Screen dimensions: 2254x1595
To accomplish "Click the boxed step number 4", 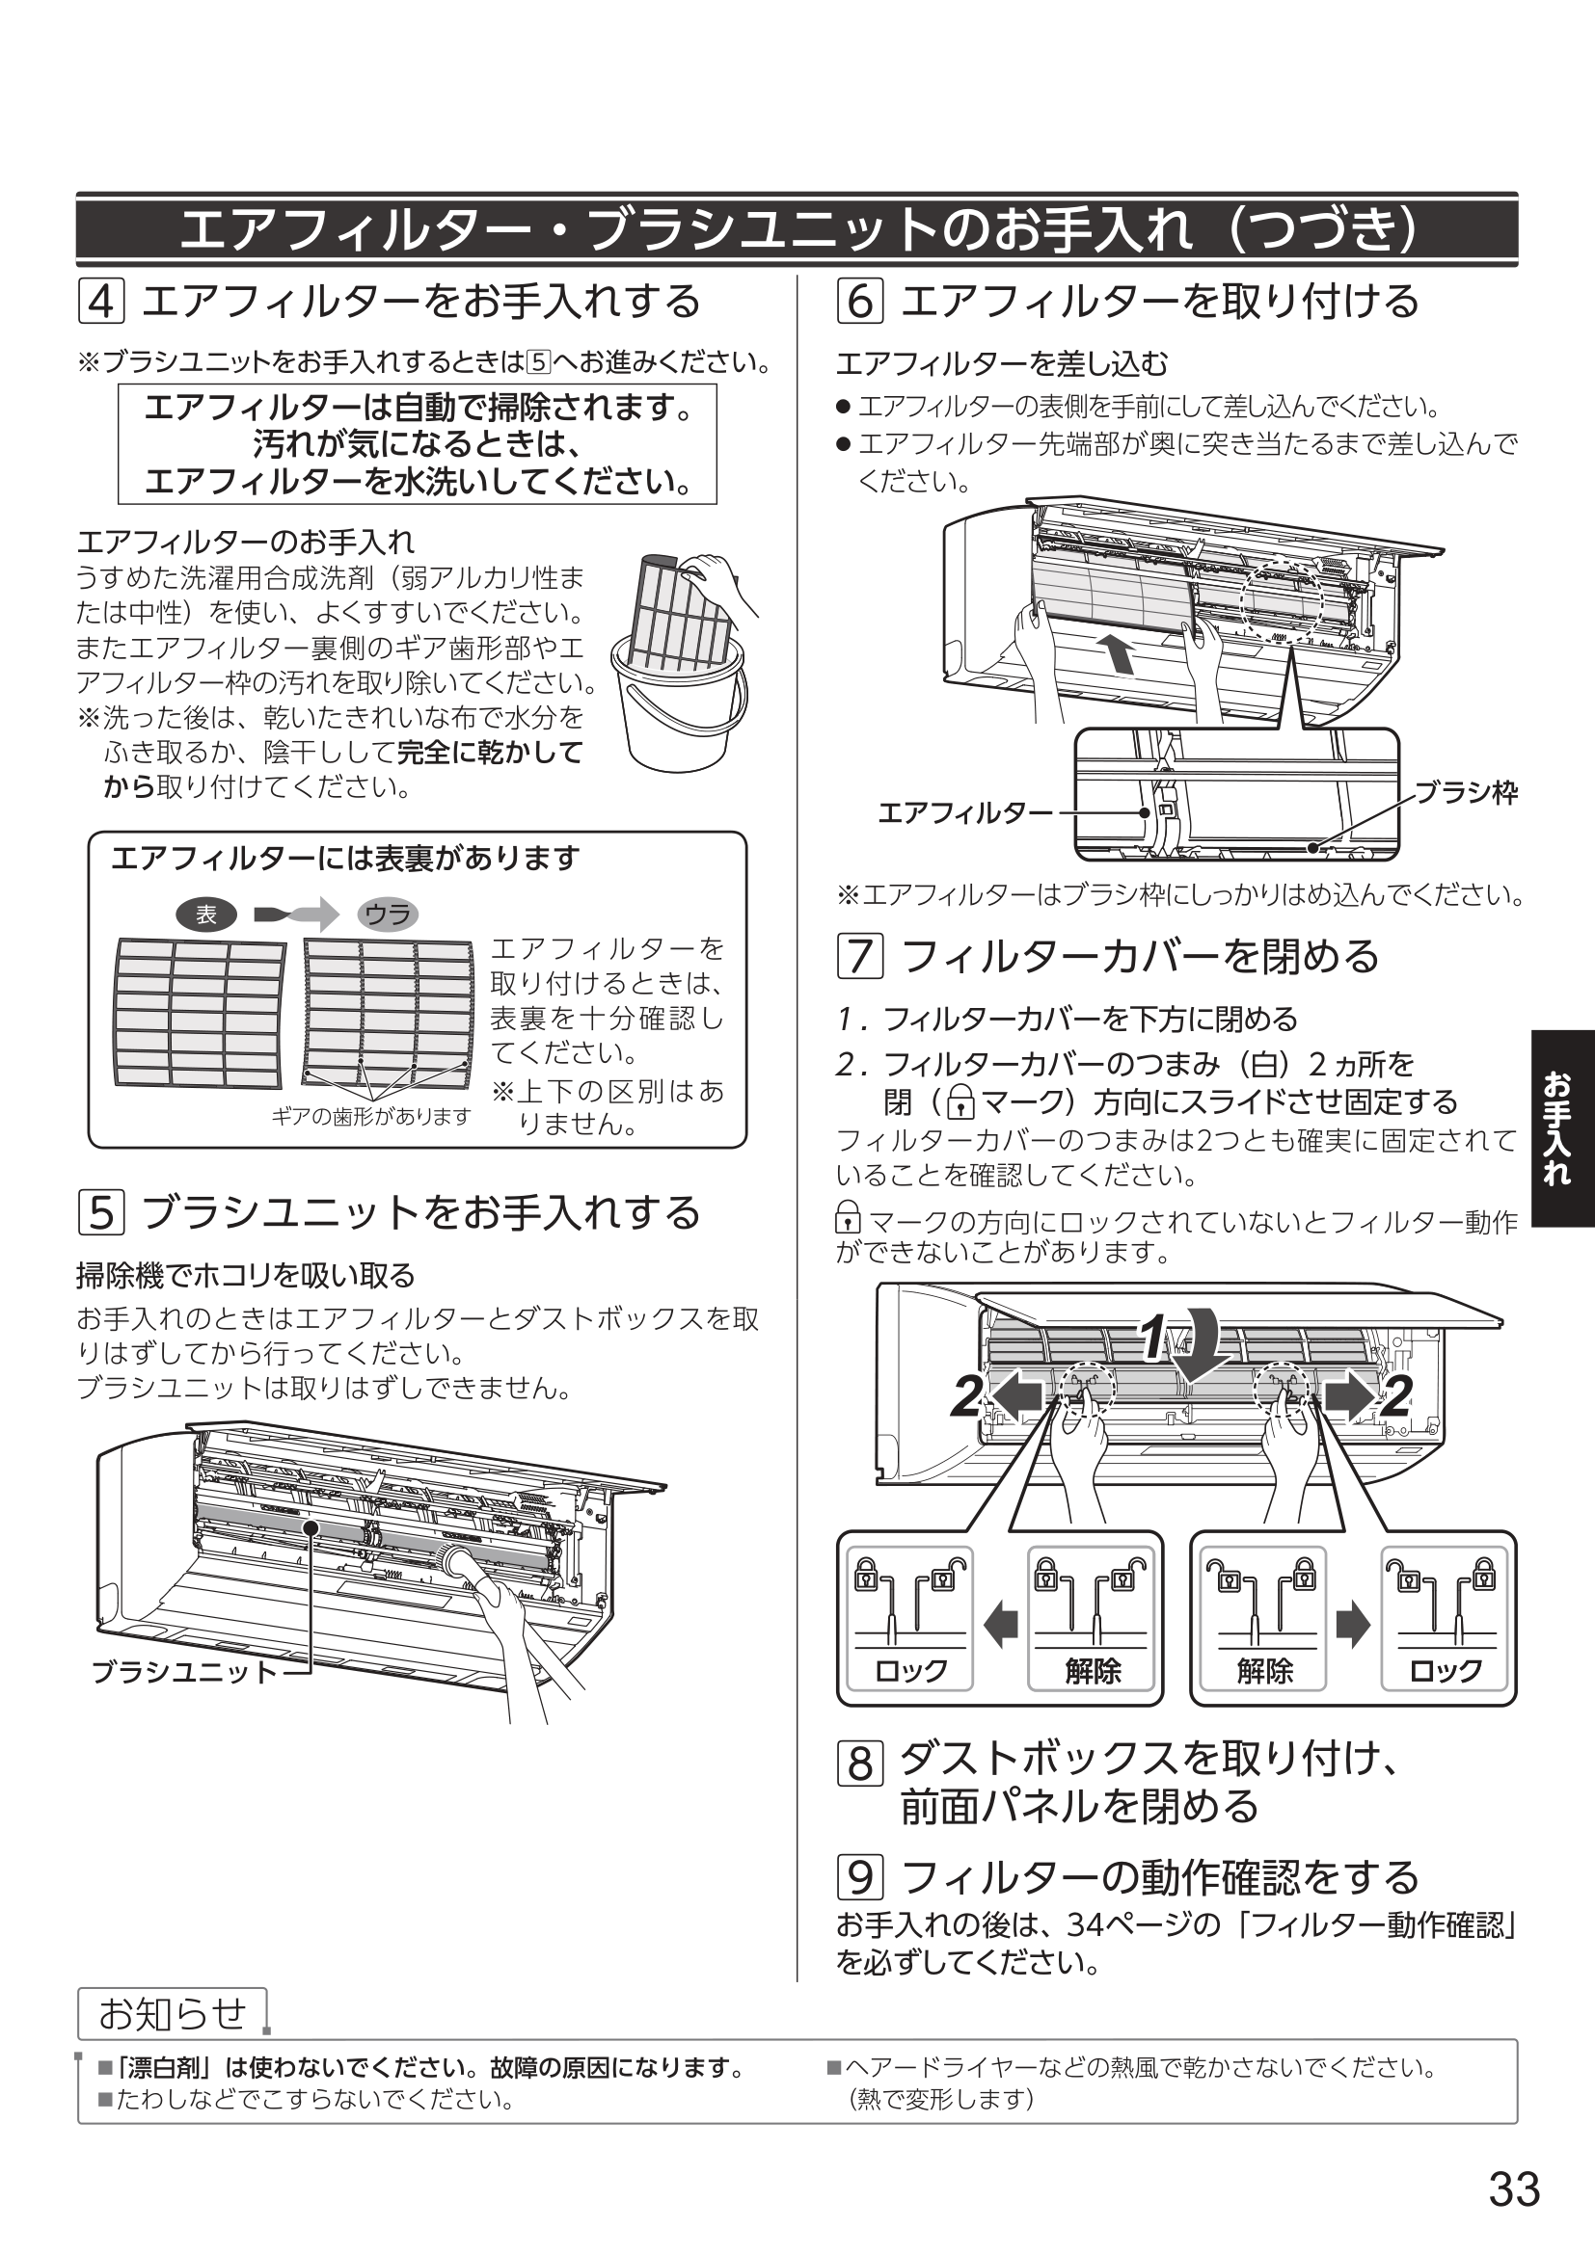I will pyautogui.click(x=100, y=302).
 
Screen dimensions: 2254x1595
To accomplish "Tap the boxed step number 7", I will pyautogui.click(x=859, y=956).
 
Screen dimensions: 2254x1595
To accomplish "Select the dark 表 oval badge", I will pyautogui.click(x=206, y=915).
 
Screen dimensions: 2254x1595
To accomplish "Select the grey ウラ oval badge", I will pyautogui.click(x=388, y=915).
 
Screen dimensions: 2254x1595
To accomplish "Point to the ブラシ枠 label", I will pyautogui.click(x=1466, y=792).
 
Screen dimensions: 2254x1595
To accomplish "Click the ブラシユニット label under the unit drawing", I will pyautogui.click(x=183, y=1671).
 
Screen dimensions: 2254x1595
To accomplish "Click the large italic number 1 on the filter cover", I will pyautogui.click(x=1153, y=1339).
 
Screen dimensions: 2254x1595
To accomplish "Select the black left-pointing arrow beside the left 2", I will pyautogui.click(x=1015, y=1395).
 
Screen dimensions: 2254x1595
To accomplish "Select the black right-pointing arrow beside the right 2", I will pyautogui.click(x=1349, y=1395).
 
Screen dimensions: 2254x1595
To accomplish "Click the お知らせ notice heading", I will pyautogui.click(x=172, y=2013).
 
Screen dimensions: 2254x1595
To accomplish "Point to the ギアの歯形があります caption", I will pyautogui.click(x=370, y=1116).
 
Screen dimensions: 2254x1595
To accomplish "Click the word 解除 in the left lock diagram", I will pyautogui.click(x=1093, y=1670).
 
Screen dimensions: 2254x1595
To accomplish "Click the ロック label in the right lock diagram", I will pyautogui.click(x=1445, y=1670).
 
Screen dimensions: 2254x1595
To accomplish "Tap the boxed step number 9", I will pyautogui.click(x=859, y=1877).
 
